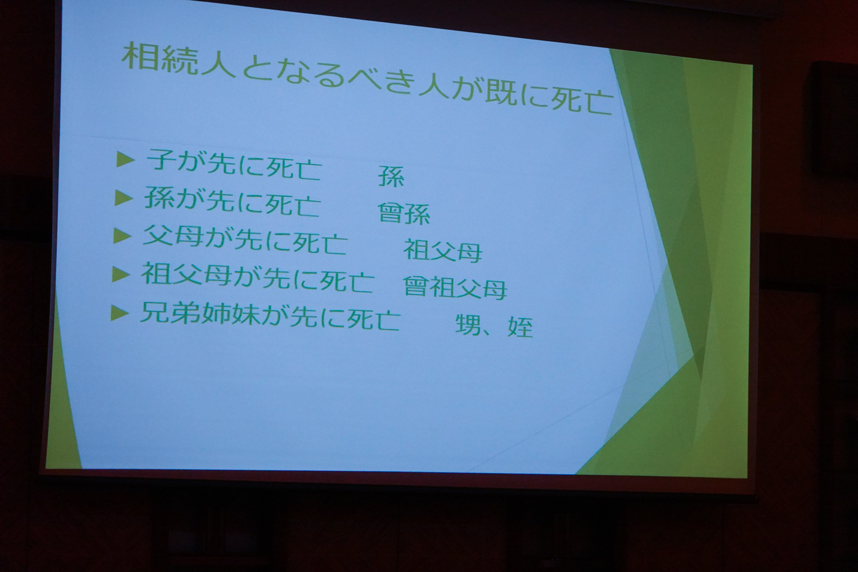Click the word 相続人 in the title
click(178, 61)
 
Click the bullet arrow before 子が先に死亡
click(125, 159)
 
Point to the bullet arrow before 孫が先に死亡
click(124, 198)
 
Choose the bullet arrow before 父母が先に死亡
click(122, 236)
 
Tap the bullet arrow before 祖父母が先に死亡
click(121, 274)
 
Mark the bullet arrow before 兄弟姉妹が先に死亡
click(120, 313)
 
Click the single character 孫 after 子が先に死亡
click(391, 176)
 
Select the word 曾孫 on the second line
click(404, 213)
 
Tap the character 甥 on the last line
click(468, 325)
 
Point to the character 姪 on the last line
click(520, 327)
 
